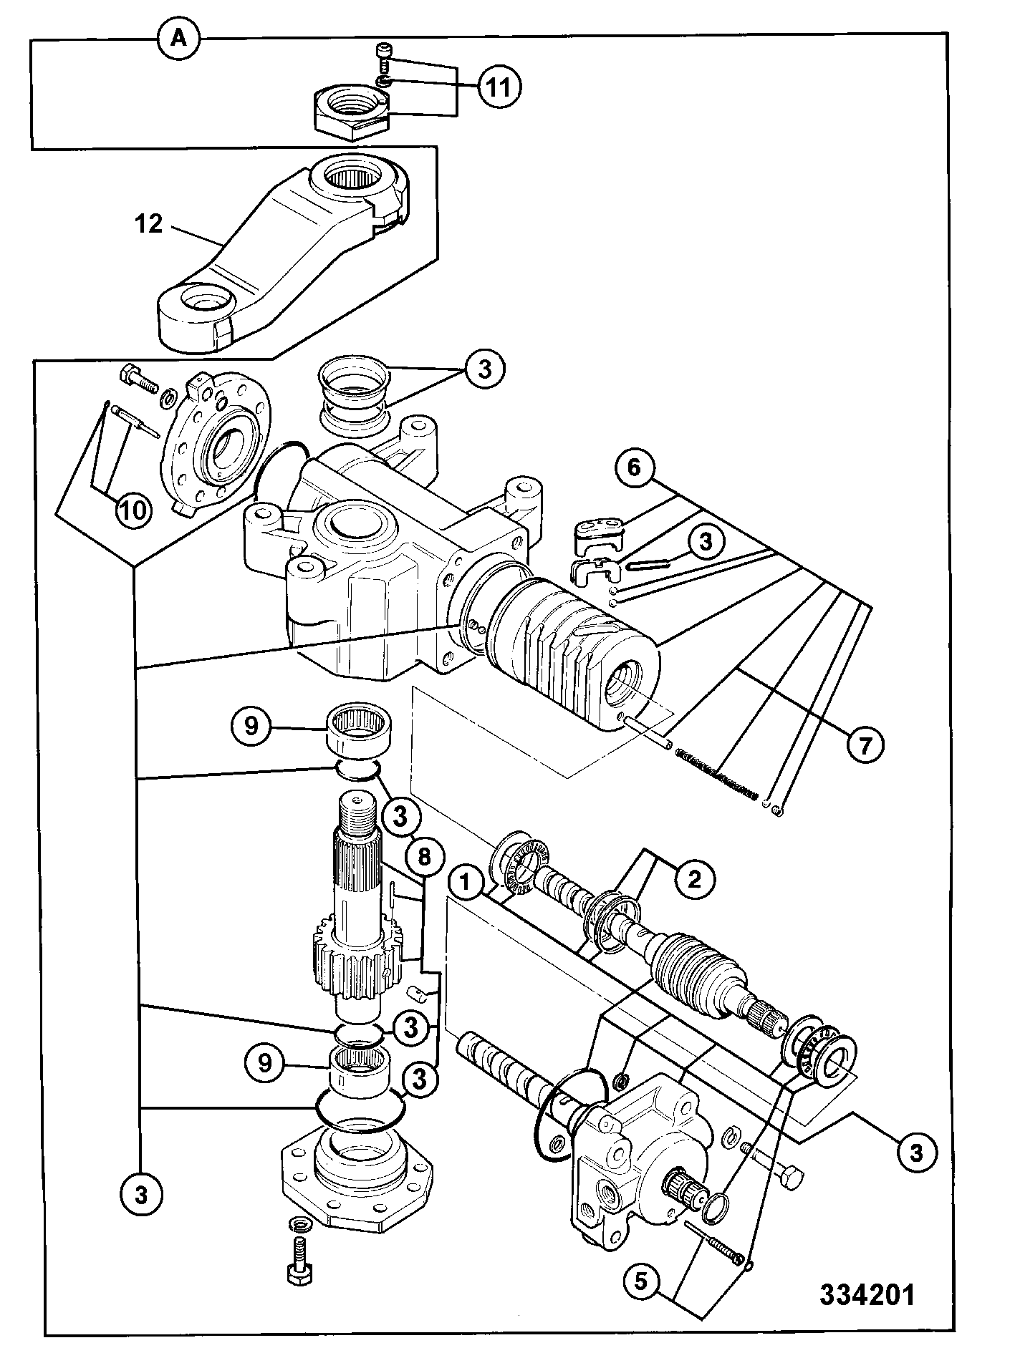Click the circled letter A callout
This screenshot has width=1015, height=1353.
pyautogui.click(x=178, y=39)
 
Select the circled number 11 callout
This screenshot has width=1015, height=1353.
pyautogui.click(x=499, y=87)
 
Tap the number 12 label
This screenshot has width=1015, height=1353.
pyautogui.click(x=149, y=224)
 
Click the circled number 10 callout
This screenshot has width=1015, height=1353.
pyautogui.click(x=134, y=510)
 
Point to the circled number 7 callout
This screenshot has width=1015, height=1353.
pyautogui.click(x=865, y=745)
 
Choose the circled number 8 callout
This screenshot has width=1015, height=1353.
pyautogui.click(x=424, y=855)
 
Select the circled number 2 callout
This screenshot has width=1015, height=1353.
pyautogui.click(x=693, y=878)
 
